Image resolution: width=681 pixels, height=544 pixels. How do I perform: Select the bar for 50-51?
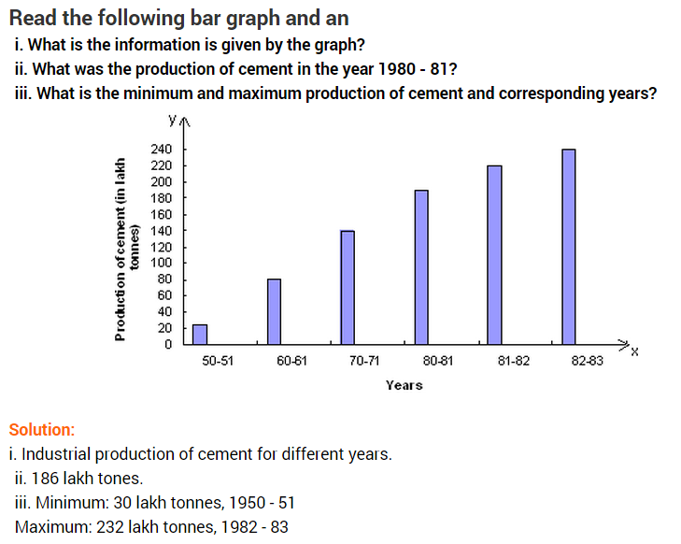(199, 335)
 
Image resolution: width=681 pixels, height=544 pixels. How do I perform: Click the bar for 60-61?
(274, 311)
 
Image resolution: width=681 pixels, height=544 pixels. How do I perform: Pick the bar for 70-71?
(348, 287)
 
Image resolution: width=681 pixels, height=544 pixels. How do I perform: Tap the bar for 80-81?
(421, 266)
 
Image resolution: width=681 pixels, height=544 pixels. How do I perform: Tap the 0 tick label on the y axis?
(167, 344)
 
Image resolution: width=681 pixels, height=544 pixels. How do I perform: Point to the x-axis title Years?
(404, 385)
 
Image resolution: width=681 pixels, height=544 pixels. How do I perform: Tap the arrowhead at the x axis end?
(623, 344)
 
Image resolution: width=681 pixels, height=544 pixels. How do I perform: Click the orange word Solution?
(41, 430)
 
